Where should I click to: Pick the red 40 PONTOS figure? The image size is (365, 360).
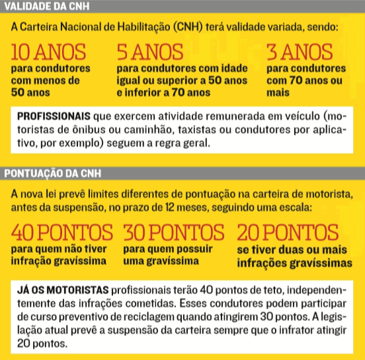63,233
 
